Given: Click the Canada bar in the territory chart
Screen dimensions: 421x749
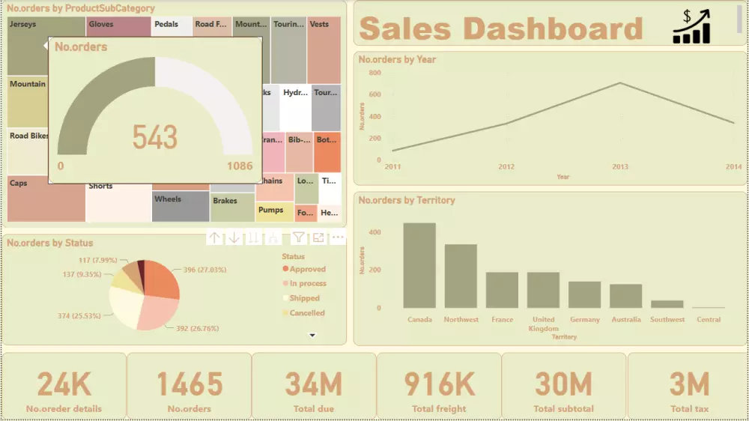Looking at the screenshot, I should pyautogui.click(x=419, y=266).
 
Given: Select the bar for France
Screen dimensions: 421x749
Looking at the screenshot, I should pyautogui.click(x=502, y=290).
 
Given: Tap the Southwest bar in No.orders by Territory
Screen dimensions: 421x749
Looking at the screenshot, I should pyautogui.click(x=667, y=304).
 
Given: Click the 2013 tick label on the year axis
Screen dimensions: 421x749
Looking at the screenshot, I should pyautogui.click(x=620, y=166).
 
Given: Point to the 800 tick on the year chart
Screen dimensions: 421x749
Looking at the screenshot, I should pyautogui.click(x=374, y=73).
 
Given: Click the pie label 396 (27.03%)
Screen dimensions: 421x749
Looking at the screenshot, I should pyautogui.click(x=201, y=270).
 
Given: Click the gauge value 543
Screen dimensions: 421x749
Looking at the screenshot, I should pyautogui.click(x=155, y=137).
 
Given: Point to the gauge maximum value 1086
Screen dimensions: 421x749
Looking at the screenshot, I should pyautogui.click(x=240, y=166).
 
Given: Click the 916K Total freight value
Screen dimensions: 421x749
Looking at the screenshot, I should pyautogui.click(x=439, y=384).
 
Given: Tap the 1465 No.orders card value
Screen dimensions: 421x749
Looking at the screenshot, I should pyautogui.click(x=189, y=384).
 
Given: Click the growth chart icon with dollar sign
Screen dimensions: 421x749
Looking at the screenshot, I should pyautogui.click(x=691, y=27).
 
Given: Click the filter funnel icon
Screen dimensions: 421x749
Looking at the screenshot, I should pyautogui.click(x=298, y=237).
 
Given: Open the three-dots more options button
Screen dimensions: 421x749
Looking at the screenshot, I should pyautogui.click(x=338, y=237).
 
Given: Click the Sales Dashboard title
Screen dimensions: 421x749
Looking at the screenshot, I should pyautogui.click(x=500, y=28).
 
